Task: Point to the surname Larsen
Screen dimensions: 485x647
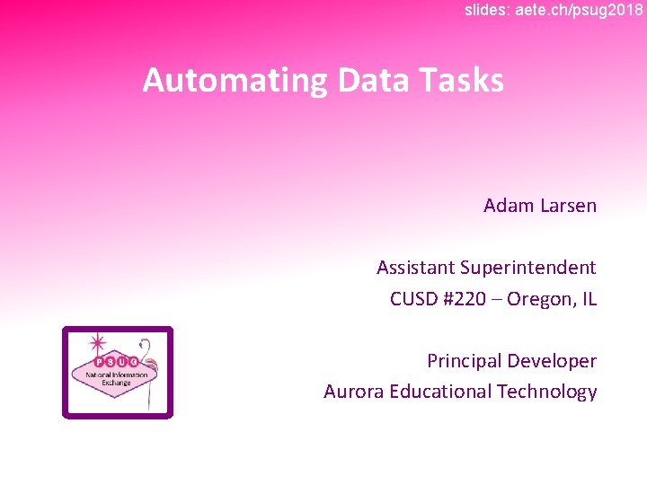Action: (x=569, y=206)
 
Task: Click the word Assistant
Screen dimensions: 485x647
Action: (x=415, y=268)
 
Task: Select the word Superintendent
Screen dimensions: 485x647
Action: (x=528, y=268)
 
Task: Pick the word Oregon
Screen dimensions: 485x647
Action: (x=539, y=299)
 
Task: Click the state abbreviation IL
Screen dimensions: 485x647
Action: (x=589, y=299)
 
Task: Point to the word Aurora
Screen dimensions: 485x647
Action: (x=351, y=392)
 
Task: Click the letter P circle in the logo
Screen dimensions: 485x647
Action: (x=100, y=361)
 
